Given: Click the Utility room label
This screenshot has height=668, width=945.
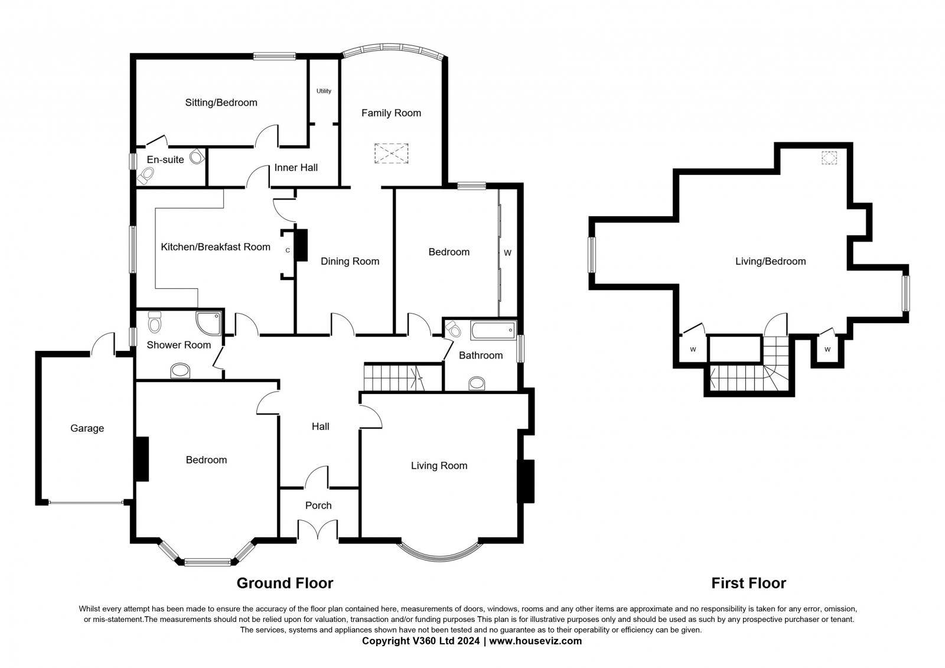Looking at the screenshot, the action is pos(324,91).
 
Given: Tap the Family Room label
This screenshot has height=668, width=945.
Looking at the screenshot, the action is pos(391,113).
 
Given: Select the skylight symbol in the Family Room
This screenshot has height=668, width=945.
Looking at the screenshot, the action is pos(391,153).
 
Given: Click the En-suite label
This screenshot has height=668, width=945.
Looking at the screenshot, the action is pos(165,159).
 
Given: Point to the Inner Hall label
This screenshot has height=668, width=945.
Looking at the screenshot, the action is pos(296,168).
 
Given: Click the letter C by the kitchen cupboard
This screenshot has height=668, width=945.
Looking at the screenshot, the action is pos(288,250).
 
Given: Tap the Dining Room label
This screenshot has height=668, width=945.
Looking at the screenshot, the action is pos(350,261).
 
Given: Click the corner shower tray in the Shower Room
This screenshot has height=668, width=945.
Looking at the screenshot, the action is pos(208,323).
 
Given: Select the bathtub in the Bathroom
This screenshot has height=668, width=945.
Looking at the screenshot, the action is pos(493,330).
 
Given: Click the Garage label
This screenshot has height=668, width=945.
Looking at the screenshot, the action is pos(87,428).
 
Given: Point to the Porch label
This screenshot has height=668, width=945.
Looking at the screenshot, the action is pos(318,505).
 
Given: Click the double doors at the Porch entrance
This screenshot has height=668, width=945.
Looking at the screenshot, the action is pos(318,530).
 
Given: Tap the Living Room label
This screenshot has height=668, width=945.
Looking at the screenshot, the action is pos(439,465).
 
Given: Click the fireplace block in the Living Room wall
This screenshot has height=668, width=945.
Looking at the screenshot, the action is pos(526,481).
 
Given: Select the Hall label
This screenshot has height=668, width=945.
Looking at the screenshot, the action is pos(320,426).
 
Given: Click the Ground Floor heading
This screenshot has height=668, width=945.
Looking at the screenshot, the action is pos(285,583).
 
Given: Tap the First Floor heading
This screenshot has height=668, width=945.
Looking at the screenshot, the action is pos(748,583).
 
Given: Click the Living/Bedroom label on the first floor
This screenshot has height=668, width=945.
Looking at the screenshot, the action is pos(770,261).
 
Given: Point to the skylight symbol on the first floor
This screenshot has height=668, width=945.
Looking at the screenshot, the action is pos(829,158).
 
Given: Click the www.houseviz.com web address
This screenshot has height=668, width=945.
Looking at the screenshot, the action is pos(535,641).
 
